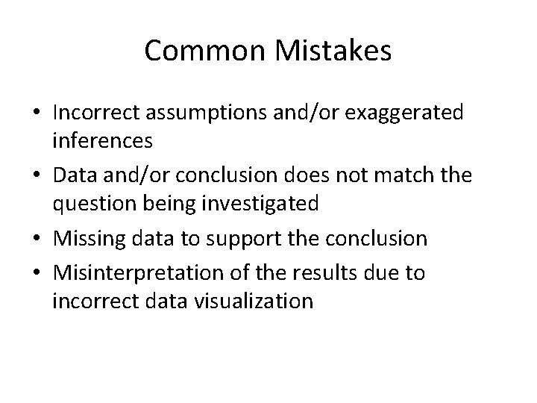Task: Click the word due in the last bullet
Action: coord(383,273)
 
